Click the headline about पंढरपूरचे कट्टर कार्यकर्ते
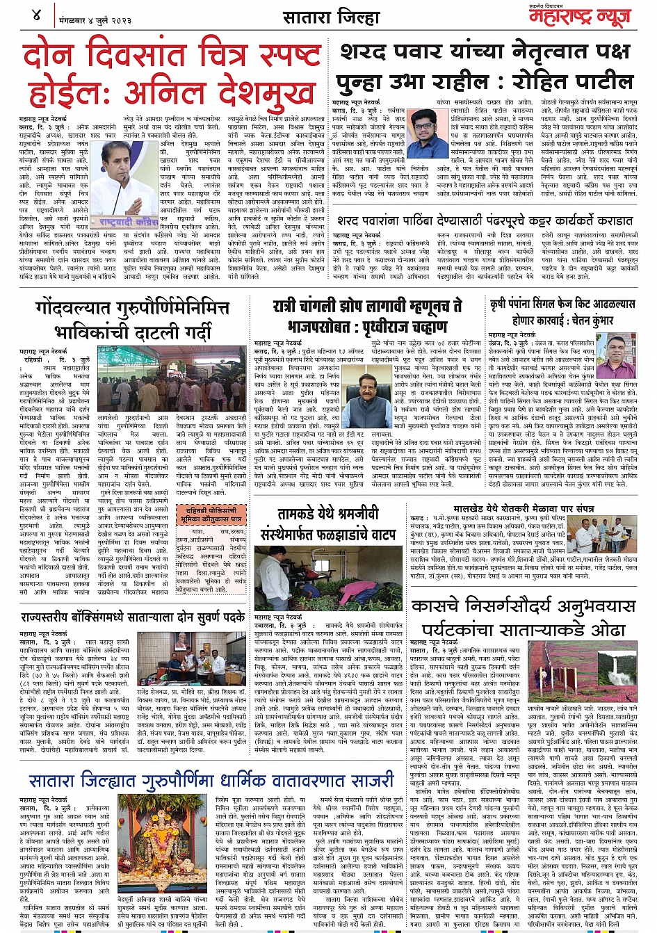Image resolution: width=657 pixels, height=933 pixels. click(x=485, y=220)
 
